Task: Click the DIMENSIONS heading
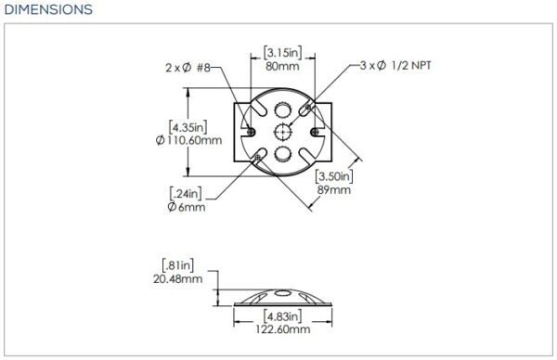[x=48, y=9]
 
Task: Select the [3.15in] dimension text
[x=283, y=53]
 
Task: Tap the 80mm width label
[x=282, y=67]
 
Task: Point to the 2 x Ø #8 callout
[x=188, y=68]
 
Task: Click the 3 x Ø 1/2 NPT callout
[x=395, y=65]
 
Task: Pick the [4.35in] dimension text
[x=188, y=127]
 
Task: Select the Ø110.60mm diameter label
[x=188, y=140]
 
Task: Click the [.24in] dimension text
[x=186, y=194]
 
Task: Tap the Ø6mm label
[x=187, y=207]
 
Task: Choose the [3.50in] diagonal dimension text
[x=334, y=176]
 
